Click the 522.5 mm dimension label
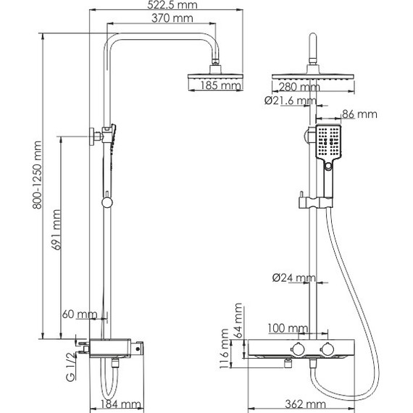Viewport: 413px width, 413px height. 172,5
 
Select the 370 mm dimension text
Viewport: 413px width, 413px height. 172,18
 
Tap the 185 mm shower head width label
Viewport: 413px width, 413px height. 220,85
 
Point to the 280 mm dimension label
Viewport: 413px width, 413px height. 299,87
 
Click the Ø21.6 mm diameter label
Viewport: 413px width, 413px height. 291,101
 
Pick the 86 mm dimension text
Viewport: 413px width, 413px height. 359,114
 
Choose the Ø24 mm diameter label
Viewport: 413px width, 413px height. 293,278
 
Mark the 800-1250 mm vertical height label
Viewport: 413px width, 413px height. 37,175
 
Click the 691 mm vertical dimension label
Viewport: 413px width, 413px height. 57,230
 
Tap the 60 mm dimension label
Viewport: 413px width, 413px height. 80,314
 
